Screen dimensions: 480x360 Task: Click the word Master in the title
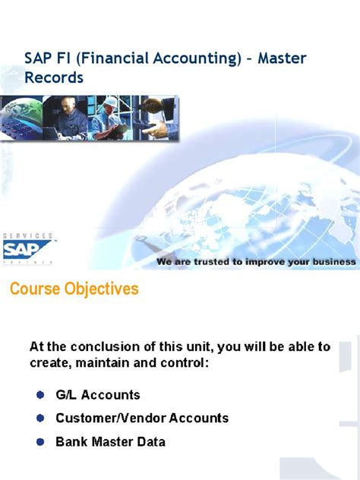(282, 58)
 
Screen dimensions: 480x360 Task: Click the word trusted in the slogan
(213, 262)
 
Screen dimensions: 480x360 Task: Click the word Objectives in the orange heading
(102, 289)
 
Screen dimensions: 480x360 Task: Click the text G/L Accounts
(98, 395)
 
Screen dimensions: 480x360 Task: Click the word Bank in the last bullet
(71, 441)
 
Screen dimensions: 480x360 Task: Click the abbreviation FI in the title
(69, 58)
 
